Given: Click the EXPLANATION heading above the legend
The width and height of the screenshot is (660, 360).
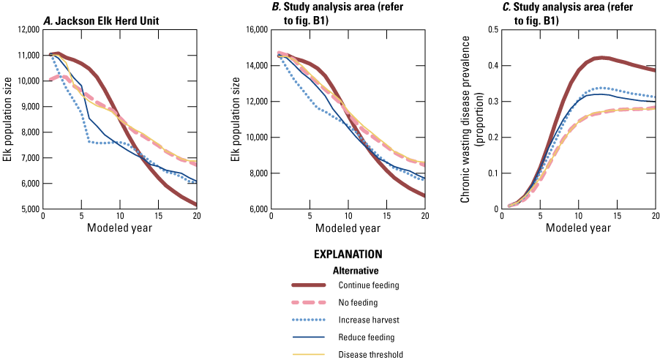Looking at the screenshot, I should (x=348, y=255).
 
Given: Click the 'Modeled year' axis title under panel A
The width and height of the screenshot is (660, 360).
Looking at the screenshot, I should (x=120, y=228).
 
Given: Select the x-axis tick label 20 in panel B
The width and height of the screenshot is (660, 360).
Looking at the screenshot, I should (x=425, y=217).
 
